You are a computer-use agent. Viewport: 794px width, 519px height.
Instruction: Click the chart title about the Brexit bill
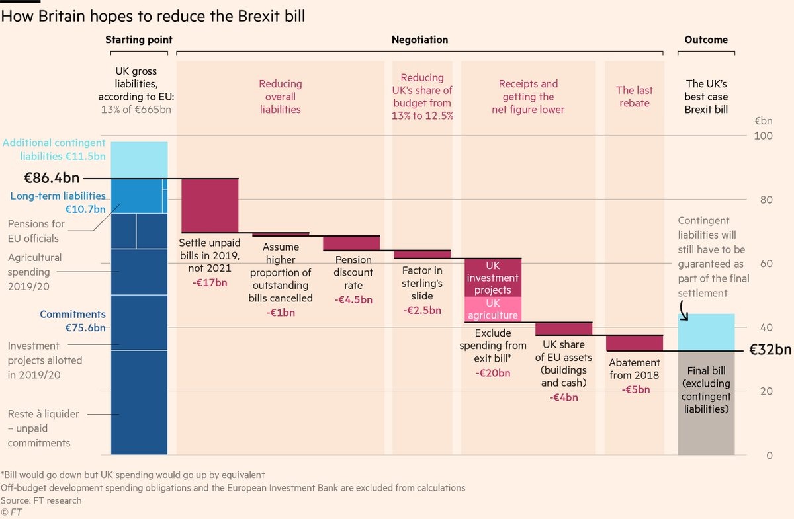(x=154, y=17)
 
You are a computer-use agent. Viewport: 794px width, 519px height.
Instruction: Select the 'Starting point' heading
(x=139, y=40)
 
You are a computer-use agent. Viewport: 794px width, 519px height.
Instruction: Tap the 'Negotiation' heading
(x=419, y=40)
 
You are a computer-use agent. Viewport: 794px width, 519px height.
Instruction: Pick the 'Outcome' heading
(x=706, y=40)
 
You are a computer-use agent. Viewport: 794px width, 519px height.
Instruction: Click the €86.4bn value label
(x=52, y=178)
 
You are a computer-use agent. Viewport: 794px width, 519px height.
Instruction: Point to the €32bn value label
(x=770, y=350)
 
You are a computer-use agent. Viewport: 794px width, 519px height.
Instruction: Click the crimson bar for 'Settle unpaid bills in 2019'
(x=210, y=205)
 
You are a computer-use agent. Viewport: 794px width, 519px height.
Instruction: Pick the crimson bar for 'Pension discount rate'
(x=351, y=243)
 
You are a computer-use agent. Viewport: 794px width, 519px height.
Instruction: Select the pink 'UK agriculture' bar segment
(x=493, y=309)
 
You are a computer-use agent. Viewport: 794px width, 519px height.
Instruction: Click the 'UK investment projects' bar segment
(x=493, y=277)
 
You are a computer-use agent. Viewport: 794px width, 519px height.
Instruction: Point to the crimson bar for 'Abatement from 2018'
(x=635, y=343)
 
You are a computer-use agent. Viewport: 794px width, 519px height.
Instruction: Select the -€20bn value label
(x=493, y=373)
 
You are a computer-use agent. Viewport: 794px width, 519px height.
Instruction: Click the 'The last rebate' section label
(x=635, y=97)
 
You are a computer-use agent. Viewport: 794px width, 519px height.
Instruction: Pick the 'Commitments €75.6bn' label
(x=73, y=321)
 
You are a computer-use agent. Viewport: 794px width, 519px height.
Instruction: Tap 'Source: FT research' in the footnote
(x=42, y=500)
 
